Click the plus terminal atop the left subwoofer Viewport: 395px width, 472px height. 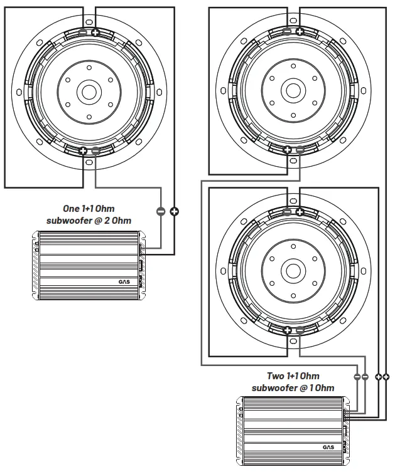95,33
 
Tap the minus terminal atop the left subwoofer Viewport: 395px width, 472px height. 84,33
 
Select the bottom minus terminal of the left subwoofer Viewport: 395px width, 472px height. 95,150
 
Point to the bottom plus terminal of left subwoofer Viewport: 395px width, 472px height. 84,150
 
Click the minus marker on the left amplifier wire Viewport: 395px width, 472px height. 161,211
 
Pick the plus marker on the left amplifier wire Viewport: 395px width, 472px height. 174,211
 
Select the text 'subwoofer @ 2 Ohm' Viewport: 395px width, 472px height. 89,220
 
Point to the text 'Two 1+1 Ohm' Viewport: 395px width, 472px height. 293,375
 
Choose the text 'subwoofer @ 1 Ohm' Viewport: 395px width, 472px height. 293,388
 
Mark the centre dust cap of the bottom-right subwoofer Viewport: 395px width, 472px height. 293,271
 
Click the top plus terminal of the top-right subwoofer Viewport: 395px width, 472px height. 300,31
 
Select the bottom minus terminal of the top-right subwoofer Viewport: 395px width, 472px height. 300,150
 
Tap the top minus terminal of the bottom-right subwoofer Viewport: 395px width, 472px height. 287,211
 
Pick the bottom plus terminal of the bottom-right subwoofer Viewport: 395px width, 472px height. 287,330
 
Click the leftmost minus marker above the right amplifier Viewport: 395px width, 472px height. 357,377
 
